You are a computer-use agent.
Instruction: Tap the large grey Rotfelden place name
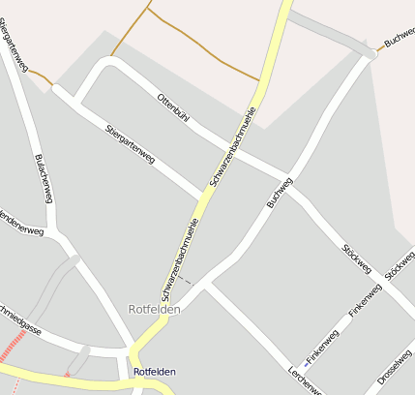154,310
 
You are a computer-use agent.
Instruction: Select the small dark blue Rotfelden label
155,372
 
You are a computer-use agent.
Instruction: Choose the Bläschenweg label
44,178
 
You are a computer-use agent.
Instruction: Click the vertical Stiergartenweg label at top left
14,40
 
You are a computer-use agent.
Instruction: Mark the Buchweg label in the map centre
279,193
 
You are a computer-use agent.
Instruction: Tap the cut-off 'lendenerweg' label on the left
22,223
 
